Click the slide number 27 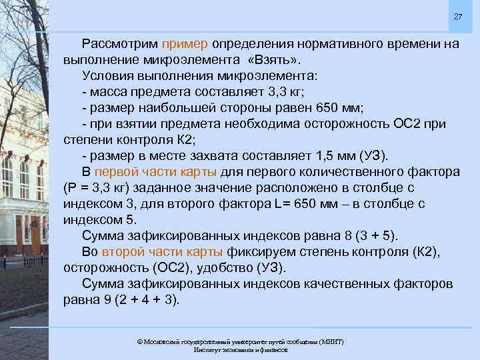pos(457,16)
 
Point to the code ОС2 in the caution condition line pos(399,124)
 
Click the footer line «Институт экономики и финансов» pos(240,349)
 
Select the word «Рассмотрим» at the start pos(119,44)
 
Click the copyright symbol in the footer pos(139,341)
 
